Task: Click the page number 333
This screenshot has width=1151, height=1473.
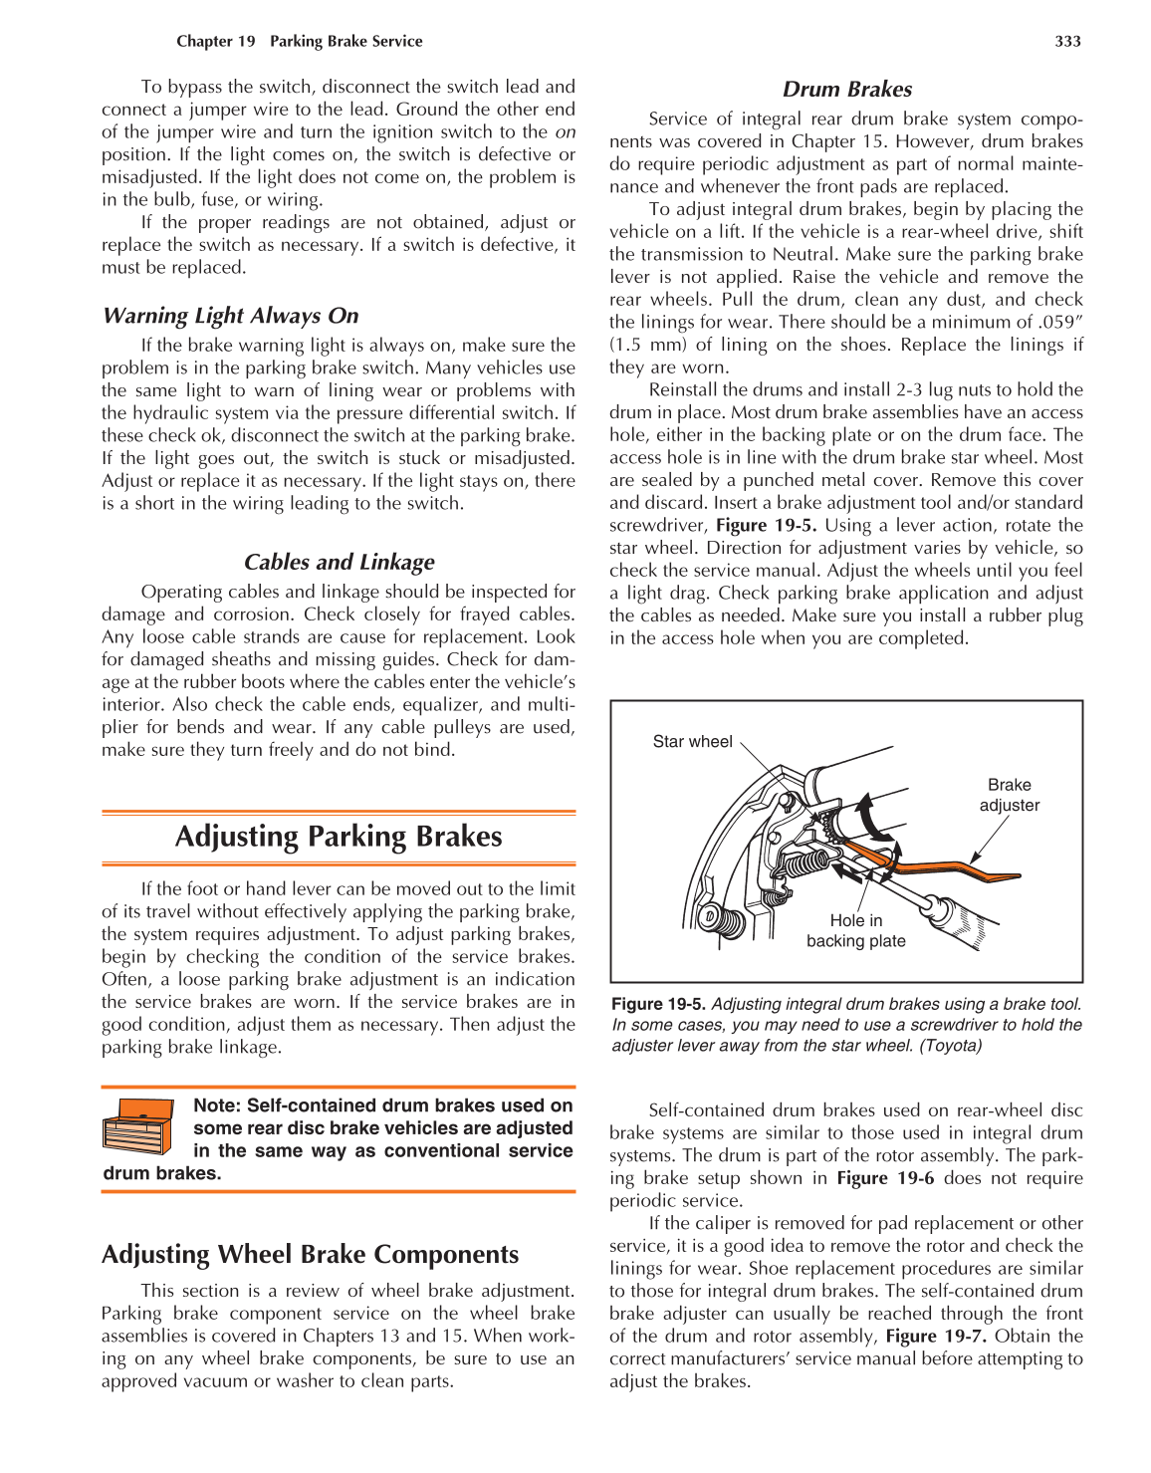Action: tap(1067, 41)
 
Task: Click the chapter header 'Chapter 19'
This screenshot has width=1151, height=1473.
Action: tap(216, 41)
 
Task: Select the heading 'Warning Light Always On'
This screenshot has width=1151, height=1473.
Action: tap(230, 316)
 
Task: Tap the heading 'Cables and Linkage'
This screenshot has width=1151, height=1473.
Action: tap(339, 563)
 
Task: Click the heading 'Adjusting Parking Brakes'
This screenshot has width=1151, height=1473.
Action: tap(339, 837)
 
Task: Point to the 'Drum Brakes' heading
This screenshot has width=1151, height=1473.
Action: tap(846, 90)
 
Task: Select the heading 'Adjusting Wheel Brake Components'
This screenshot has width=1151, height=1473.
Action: tap(310, 1255)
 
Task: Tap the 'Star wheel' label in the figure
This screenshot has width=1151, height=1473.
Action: tap(692, 742)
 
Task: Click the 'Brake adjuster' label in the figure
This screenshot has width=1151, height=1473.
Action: tap(1009, 795)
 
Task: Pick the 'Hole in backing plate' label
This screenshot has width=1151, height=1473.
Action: tap(855, 931)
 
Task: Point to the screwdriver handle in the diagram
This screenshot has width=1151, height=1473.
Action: tap(956, 920)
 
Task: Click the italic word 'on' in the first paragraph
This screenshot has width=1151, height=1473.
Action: tap(565, 132)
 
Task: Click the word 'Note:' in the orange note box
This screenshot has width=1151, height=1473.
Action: tap(217, 1105)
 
